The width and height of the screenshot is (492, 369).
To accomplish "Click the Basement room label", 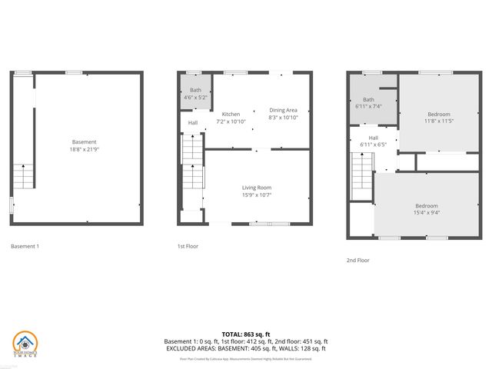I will coord(85,142).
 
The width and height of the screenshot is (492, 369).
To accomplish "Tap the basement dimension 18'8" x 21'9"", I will coord(85,149).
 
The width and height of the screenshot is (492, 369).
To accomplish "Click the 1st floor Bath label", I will coord(195,91).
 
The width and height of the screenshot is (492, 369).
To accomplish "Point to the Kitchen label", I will coord(231,114).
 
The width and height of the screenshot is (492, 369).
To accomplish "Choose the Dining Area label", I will coord(283,111).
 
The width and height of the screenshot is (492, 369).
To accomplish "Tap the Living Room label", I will coord(257,188).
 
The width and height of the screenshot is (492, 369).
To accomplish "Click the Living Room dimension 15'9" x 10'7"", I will coord(257,194).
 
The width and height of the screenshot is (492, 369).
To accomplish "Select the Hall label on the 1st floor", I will coord(192,123).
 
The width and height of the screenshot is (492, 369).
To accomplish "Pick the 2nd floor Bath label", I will coord(368,99).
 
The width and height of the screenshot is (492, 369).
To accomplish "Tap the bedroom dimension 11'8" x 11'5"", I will coord(439,121).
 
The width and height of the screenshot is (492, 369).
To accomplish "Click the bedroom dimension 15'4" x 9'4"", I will coord(426,212).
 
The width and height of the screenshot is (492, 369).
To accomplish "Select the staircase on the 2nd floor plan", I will coord(361,175).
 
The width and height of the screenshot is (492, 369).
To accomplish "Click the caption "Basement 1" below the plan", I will coord(25,247).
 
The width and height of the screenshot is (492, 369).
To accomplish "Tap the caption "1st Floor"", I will coord(188,247).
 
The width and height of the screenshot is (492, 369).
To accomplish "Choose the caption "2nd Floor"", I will coord(357,260).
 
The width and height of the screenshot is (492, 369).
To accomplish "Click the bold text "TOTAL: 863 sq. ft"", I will coord(246,334).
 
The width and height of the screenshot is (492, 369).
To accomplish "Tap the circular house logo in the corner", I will coord(25,344).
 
